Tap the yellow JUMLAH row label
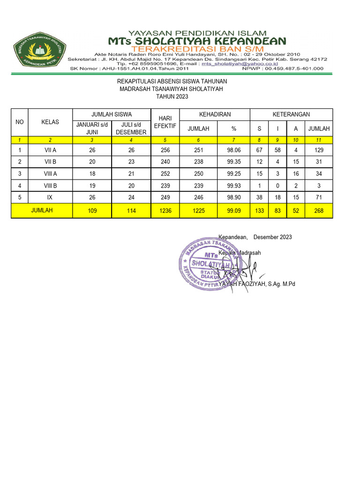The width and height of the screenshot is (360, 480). point(42,211)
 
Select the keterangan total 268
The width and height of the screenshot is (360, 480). point(319,211)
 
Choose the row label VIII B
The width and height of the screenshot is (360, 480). point(50,185)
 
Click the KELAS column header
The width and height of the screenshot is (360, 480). point(50,122)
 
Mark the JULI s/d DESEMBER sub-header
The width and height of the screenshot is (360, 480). point(131,128)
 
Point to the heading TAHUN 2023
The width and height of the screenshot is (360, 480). point(172,97)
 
